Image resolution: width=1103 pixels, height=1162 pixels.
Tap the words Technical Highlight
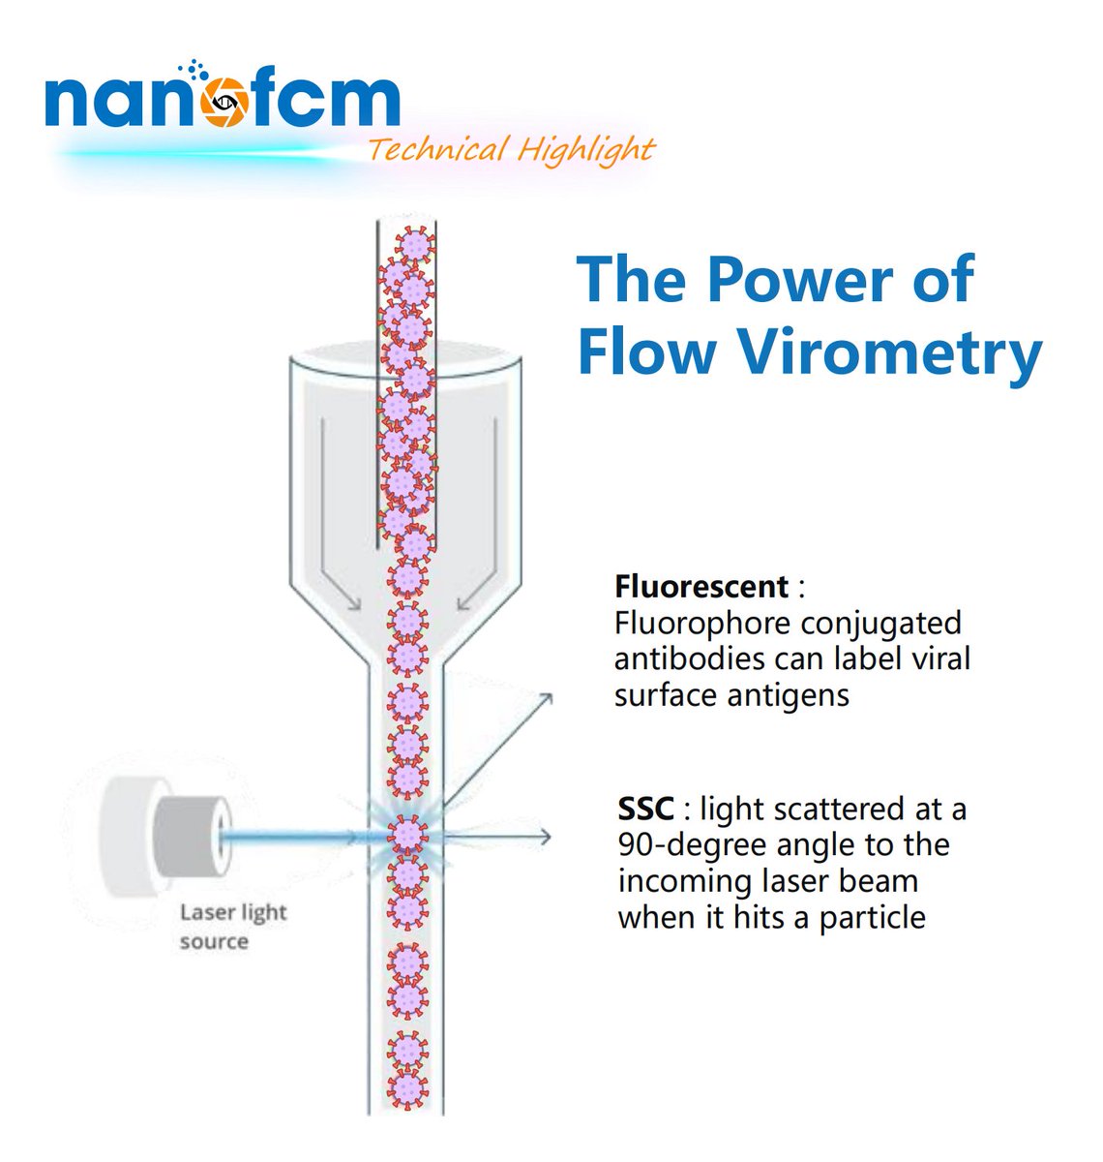coord(511,150)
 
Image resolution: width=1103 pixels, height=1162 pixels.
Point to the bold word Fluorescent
coord(701,587)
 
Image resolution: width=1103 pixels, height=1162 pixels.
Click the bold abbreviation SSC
coord(645,809)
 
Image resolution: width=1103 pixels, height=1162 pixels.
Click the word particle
coord(872,917)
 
